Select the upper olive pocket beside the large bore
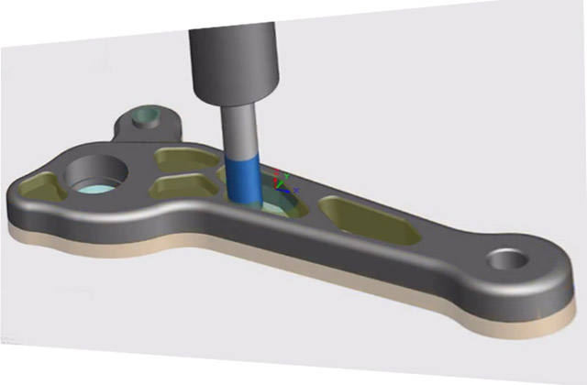pos(179,158)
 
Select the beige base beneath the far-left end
pos(28,225)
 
